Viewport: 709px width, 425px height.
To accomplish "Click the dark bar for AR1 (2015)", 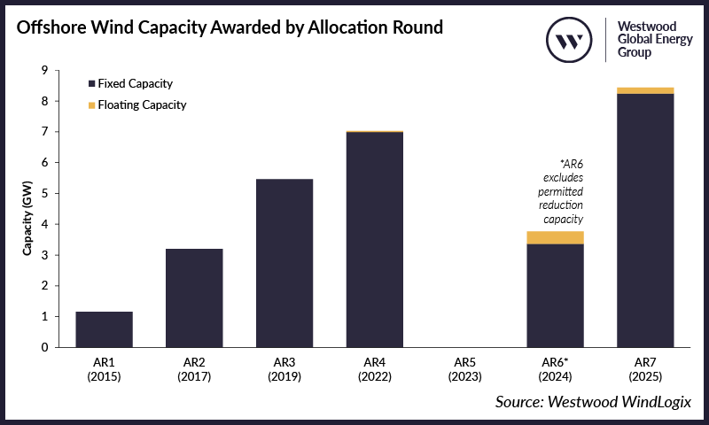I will click(x=105, y=329).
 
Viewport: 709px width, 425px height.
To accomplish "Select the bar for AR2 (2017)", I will click(x=194, y=297).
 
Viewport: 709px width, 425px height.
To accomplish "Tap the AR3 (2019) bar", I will click(x=284, y=263).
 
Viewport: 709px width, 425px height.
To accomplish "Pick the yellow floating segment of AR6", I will click(x=555, y=237).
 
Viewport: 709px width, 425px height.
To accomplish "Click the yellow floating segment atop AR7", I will click(x=644, y=90).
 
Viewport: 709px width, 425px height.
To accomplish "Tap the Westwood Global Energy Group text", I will click(x=653, y=40).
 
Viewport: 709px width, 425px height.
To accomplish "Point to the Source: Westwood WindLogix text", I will click(x=593, y=402).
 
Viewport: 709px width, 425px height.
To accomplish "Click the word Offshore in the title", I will click(x=55, y=27).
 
